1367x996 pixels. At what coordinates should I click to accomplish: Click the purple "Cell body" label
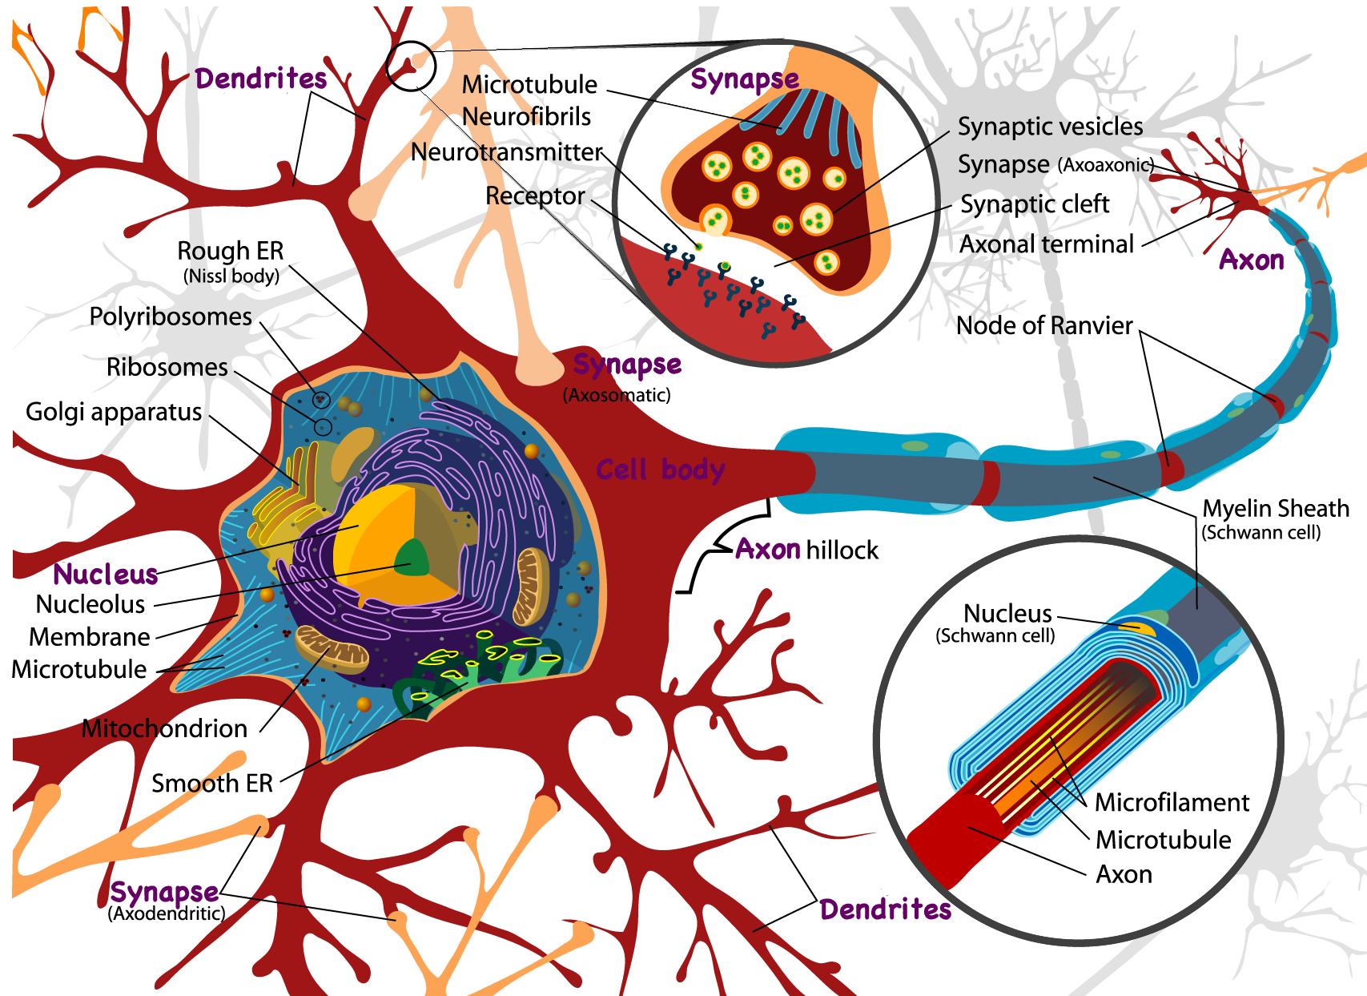click(660, 470)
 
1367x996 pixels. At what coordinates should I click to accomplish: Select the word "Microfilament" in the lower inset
click(1172, 802)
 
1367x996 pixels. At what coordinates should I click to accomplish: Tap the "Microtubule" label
click(1163, 840)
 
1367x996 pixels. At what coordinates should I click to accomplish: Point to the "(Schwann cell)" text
click(995, 636)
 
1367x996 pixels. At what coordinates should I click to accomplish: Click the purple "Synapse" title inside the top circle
click(745, 79)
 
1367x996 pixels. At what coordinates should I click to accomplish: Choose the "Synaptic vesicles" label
click(1050, 127)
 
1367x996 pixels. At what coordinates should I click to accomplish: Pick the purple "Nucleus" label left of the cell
click(106, 575)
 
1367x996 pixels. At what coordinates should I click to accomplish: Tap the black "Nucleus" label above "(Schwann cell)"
click(1007, 614)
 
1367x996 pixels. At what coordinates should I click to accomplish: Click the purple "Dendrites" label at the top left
click(261, 79)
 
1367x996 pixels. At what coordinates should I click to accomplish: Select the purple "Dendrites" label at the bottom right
click(885, 909)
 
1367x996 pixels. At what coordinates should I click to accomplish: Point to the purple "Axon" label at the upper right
click(1251, 260)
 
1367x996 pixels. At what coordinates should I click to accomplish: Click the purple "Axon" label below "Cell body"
click(768, 549)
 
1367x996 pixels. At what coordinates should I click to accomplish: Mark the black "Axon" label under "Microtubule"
click(1124, 874)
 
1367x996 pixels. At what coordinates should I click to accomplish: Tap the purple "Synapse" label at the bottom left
click(164, 892)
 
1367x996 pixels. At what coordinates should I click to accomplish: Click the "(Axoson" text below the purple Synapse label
click(597, 395)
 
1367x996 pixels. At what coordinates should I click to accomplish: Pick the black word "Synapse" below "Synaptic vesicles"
click(1003, 165)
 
